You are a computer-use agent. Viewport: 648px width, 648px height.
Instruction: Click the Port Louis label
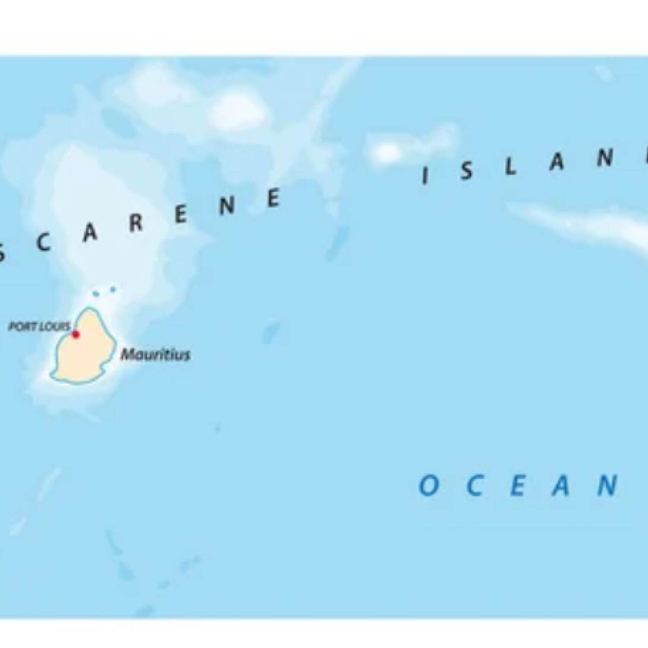click(39, 327)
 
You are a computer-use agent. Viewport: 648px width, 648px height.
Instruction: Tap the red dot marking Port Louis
click(76, 334)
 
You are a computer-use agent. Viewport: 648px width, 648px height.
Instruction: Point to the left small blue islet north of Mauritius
click(96, 294)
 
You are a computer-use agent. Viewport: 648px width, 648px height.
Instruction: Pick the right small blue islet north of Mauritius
click(113, 289)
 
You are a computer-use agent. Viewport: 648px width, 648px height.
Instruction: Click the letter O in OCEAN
click(429, 485)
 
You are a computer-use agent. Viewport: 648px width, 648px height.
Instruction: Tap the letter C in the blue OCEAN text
click(474, 486)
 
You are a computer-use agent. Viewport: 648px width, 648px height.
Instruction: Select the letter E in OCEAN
click(517, 486)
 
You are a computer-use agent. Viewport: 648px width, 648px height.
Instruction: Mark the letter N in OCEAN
click(607, 485)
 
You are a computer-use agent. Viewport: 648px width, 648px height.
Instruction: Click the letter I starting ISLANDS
click(425, 176)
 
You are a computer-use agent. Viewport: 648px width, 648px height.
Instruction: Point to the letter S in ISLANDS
click(466, 171)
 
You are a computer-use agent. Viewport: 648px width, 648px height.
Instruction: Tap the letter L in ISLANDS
click(511, 166)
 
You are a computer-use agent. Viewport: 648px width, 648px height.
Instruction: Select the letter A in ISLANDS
click(557, 162)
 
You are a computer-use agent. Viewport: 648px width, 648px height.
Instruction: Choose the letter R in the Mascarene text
click(136, 223)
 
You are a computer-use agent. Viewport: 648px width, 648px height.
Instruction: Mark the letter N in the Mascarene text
click(227, 206)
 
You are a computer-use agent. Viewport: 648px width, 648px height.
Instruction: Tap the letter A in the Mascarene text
click(90, 233)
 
